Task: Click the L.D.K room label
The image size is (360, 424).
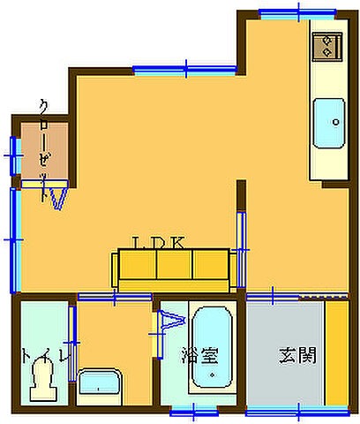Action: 158,242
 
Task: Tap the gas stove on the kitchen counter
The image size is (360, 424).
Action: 327,45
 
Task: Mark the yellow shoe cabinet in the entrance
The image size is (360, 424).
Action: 335,352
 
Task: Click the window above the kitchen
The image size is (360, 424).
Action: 298,12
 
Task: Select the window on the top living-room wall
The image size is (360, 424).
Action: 187,68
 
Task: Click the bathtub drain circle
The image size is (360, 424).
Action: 212,375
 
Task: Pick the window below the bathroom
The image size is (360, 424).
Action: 194,409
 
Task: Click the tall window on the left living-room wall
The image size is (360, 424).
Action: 13,238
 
